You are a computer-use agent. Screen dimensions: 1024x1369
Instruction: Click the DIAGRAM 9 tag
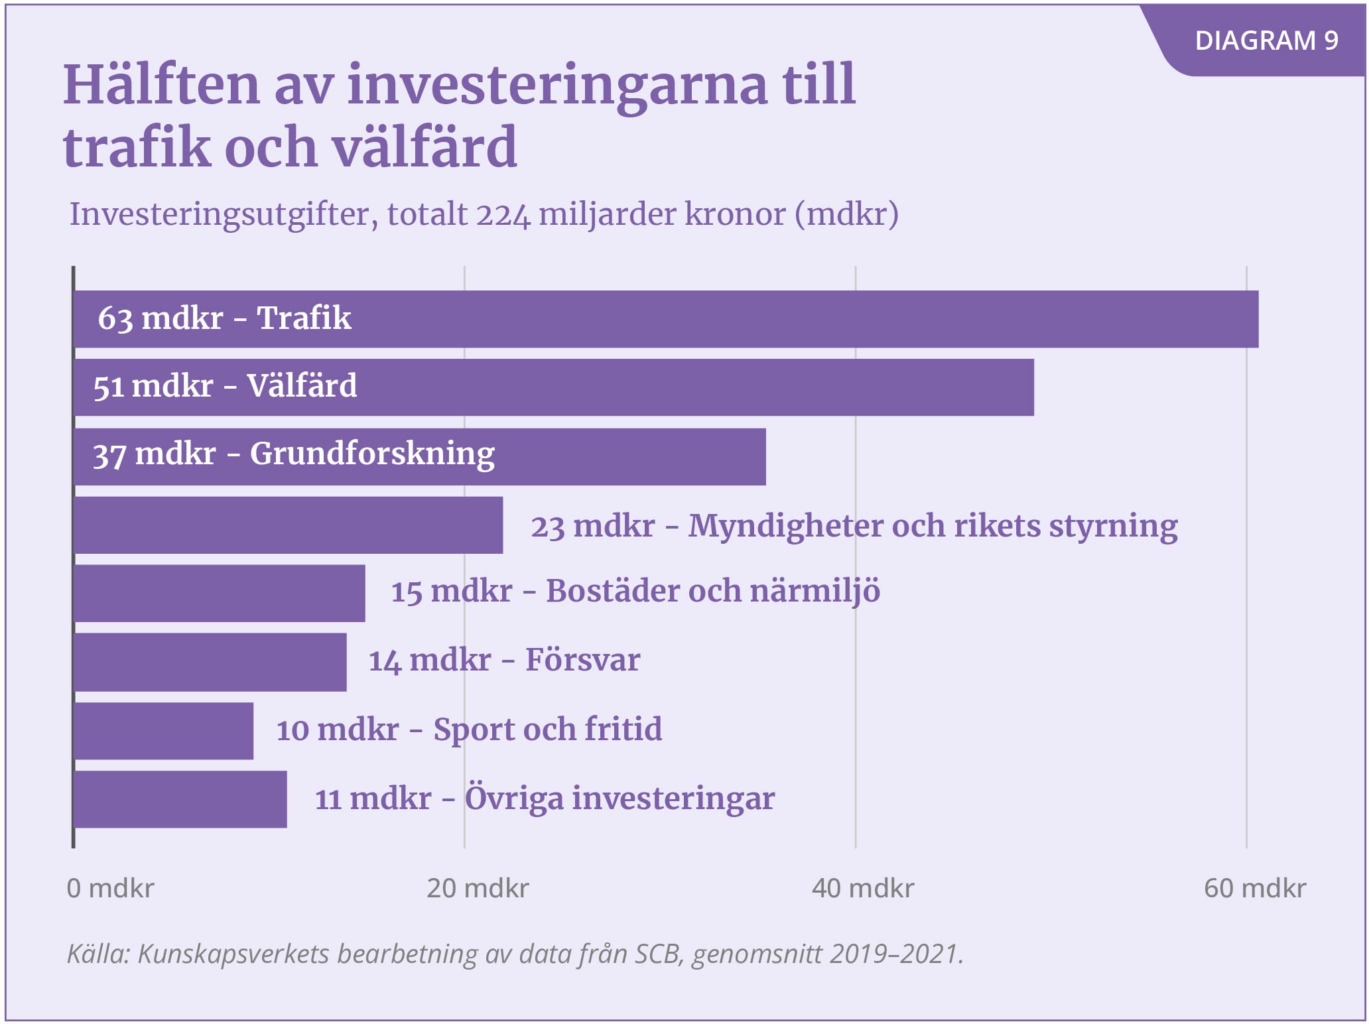coord(1266,41)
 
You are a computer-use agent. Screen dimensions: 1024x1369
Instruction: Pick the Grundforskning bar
coord(597,456)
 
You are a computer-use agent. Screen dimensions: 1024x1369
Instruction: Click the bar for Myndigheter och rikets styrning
coord(288,525)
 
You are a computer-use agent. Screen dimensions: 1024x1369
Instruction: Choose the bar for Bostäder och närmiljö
coord(219,594)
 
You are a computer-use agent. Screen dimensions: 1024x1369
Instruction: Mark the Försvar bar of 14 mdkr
coord(210,662)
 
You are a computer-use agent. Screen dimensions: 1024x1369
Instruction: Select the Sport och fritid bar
coord(163,731)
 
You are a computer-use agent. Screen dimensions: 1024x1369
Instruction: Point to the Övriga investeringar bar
coord(180,799)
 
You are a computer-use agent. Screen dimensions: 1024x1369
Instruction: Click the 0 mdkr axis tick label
coord(110,888)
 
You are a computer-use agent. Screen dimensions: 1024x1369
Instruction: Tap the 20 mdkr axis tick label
coord(478,888)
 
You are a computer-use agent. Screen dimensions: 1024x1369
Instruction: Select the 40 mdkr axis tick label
coord(863,888)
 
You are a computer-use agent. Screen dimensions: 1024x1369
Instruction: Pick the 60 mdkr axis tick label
coord(1255,888)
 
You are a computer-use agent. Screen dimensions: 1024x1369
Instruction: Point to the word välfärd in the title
coord(424,147)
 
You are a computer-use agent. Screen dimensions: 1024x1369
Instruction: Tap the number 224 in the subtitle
coord(503,215)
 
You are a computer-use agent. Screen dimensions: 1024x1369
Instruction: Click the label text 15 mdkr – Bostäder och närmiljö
coord(635,591)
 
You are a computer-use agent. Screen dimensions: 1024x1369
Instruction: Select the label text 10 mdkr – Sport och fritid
coord(469,730)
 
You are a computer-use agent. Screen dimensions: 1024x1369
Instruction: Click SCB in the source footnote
coord(657,954)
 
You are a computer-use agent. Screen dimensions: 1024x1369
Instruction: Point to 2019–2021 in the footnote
coord(893,954)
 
